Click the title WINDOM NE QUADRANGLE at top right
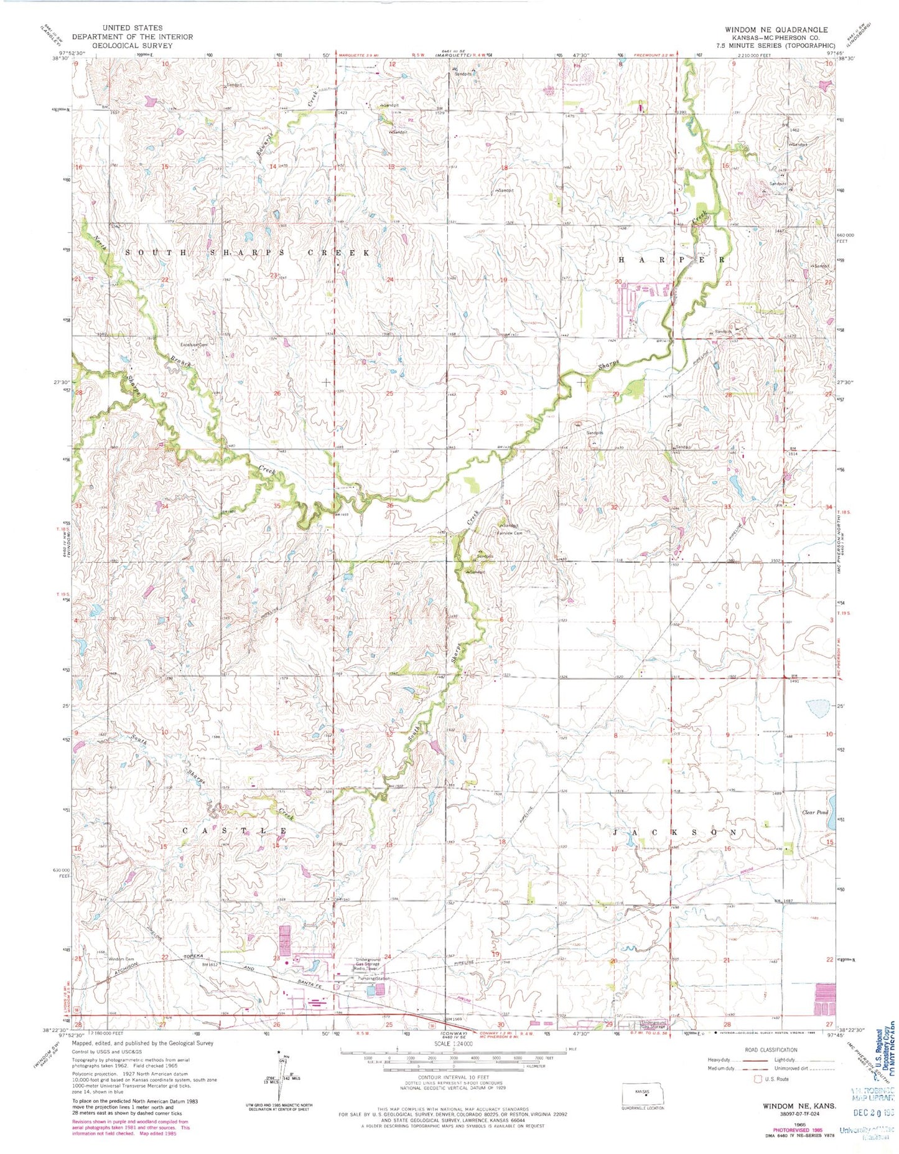(x=776, y=29)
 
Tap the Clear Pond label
(x=814, y=813)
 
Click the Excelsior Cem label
(x=193, y=344)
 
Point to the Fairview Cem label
(x=510, y=533)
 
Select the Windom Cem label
(x=121, y=959)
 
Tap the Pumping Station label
(x=373, y=979)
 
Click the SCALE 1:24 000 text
(x=452, y=1044)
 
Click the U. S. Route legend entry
(x=775, y=1079)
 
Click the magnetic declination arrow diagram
(x=279, y=1079)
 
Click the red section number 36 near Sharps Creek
(x=390, y=505)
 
